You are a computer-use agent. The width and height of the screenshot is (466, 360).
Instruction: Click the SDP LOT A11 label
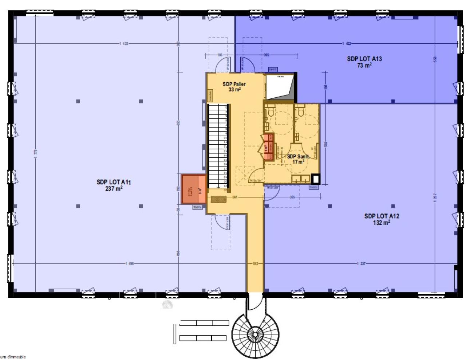click(x=114, y=182)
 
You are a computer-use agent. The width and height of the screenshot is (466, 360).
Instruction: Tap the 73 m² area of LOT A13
click(x=364, y=66)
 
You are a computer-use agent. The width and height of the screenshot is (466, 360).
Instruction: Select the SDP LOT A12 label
click(x=382, y=216)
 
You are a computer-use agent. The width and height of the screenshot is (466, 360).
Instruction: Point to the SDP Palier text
click(x=234, y=84)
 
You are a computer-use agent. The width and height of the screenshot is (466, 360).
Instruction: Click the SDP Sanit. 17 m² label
click(x=298, y=159)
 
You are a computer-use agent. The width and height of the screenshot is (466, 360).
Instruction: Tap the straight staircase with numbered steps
click(x=218, y=146)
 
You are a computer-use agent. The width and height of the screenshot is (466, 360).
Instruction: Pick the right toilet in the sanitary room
click(x=301, y=112)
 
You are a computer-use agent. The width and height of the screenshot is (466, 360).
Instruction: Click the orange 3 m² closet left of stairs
click(x=194, y=189)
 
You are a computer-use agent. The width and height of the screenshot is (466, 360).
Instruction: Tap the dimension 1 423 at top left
click(x=124, y=44)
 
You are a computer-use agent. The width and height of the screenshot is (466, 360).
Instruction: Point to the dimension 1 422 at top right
click(x=347, y=44)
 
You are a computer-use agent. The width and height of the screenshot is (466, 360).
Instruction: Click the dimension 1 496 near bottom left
click(x=129, y=263)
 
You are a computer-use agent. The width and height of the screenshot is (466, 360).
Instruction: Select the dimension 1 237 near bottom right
click(x=361, y=263)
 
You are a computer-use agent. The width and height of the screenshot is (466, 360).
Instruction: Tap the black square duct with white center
click(x=316, y=179)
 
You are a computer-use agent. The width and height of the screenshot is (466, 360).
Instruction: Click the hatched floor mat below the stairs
click(x=218, y=199)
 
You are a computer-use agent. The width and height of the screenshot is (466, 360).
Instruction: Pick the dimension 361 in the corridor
click(x=235, y=197)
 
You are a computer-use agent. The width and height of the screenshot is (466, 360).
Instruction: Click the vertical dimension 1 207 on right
click(x=435, y=197)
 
